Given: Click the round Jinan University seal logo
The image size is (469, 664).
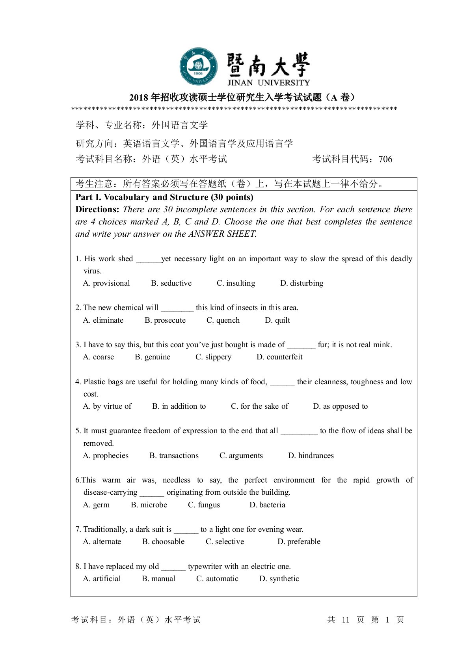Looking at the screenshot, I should point(199,67).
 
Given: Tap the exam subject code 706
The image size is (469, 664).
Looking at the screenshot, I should point(385,159).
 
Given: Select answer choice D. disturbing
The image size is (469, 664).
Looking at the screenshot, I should point(301,283).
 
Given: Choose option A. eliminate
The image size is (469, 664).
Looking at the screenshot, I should point(103,320).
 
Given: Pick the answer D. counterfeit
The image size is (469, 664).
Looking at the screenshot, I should point(279,357).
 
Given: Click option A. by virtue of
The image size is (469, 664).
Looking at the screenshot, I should point(107,406).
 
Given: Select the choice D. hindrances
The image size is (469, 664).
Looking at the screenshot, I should point(311,456).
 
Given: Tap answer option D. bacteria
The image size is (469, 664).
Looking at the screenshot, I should point(267,505).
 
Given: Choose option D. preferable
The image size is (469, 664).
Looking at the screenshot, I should point(299,542).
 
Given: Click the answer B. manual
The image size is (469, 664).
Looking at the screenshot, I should point(158,579).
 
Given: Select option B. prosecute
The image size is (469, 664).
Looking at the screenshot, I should point(165,320).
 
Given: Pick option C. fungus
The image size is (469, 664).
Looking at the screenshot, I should point(204,505).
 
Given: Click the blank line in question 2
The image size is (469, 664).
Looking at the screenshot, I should point(177,309).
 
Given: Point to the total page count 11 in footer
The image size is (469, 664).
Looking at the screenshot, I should point(346,620).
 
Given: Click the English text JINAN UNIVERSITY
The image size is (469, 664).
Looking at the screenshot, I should point(268,83).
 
